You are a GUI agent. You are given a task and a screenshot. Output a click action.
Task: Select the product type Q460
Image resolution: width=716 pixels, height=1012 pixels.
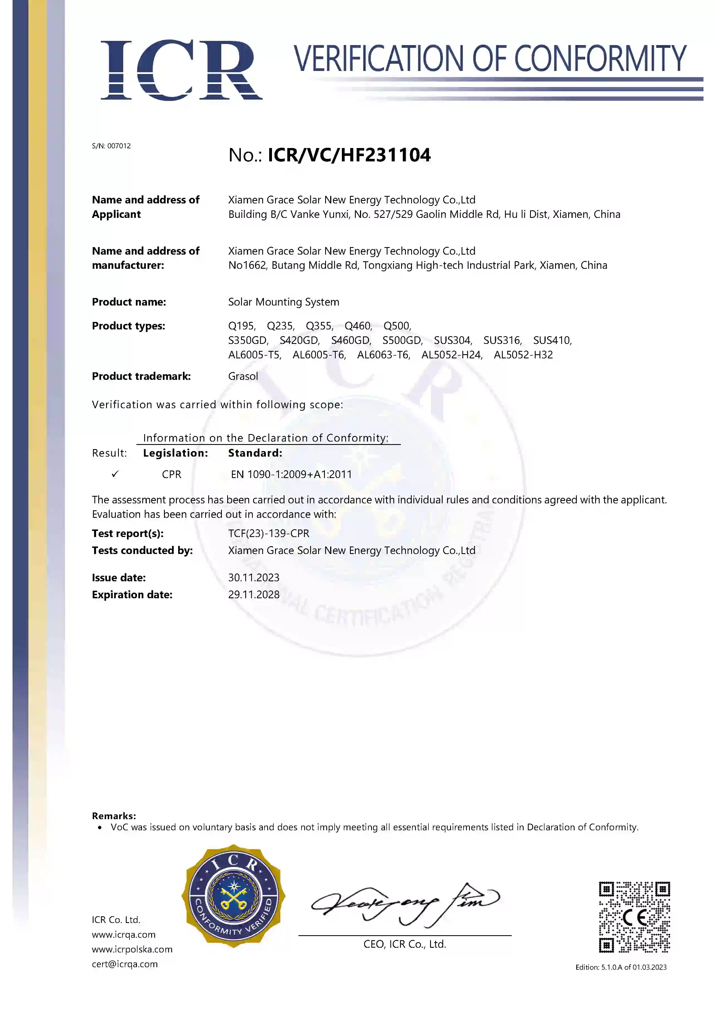(x=358, y=326)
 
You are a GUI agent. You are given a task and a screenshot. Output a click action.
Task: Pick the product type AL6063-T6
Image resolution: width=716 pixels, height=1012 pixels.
(x=383, y=355)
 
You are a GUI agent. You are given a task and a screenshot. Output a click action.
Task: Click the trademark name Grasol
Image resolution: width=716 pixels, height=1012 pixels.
(x=243, y=376)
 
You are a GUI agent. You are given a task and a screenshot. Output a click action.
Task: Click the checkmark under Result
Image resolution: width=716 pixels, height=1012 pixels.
(x=115, y=474)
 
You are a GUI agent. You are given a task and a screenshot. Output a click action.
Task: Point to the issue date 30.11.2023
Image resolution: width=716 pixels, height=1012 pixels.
(x=254, y=577)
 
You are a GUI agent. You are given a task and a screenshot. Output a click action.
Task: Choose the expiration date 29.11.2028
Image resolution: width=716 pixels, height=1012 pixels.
(x=254, y=595)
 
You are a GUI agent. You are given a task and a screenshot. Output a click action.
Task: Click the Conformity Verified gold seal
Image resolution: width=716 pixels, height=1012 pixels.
(x=233, y=896)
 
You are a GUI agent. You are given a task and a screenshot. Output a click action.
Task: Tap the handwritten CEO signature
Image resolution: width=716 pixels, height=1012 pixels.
(x=405, y=903)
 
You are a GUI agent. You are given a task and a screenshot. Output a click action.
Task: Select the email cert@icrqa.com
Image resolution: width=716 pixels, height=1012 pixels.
(x=125, y=964)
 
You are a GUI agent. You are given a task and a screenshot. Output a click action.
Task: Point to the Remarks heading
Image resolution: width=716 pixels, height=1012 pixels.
(x=114, y=816)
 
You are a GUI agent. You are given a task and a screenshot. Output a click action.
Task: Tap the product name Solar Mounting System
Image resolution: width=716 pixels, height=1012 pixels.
(x=283, y=302)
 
